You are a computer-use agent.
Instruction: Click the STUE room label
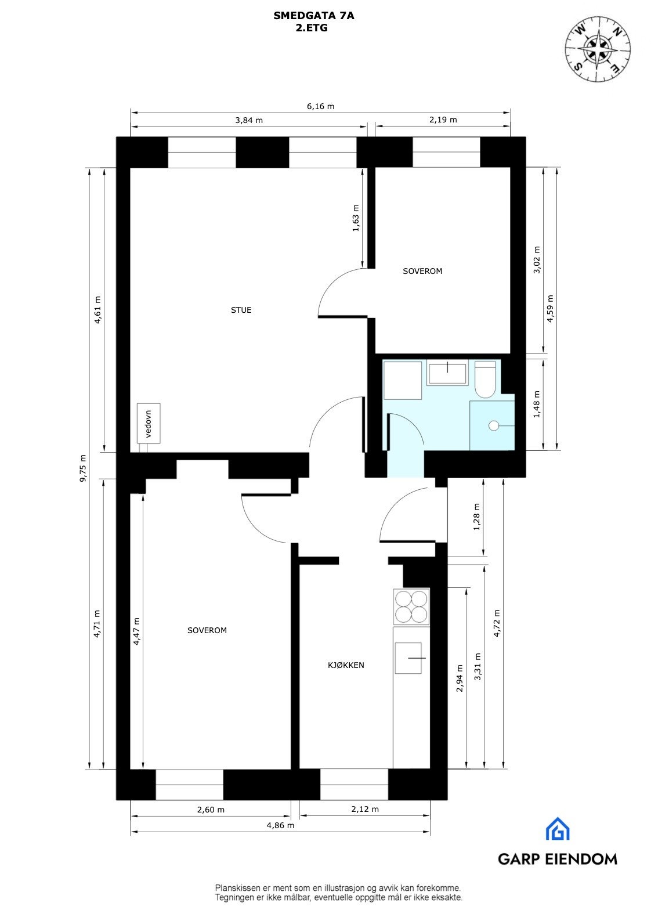coord(241,310)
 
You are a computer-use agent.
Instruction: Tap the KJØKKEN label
coord(346,665)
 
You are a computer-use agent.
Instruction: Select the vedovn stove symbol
coord(149,424)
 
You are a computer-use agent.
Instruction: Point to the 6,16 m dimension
coord(320,106)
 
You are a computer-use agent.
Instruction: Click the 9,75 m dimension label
coord(83,468)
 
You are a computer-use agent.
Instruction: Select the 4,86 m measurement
coord(280,825)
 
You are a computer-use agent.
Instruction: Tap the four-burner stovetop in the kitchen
coord(411,606)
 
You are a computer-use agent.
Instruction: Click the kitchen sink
coord(408,658)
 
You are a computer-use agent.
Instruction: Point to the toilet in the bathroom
coord(485,380)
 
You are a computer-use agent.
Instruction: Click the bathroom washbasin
coord(447,373)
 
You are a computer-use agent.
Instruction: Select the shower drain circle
coord(494,425)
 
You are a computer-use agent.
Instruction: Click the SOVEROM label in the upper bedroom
coord(422,271)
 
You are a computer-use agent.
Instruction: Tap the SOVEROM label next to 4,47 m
coord(207,630)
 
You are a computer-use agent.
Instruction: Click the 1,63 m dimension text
coord(356,218)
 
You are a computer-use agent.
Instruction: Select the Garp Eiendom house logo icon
coord(557,829)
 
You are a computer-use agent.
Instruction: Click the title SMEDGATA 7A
coord(313,17)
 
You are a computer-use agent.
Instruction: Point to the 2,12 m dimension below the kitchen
coord(365,809)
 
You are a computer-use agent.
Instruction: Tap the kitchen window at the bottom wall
coord(354,785)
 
